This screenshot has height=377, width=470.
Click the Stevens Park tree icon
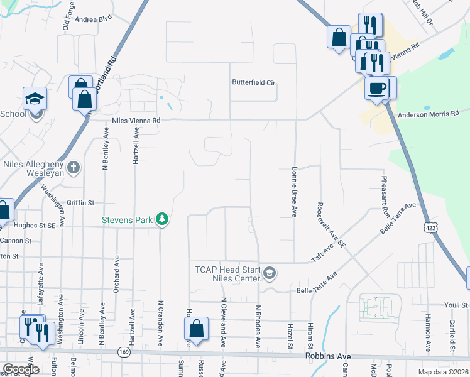pyautogui.click(x=163, y=218)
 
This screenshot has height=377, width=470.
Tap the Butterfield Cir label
pyautogui.click(x=254, y=82)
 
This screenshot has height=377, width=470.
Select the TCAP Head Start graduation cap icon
pyautogui.click(x=270, y=272)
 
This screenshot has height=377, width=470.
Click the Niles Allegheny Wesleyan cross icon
pyautogui.click(x=74, y=167)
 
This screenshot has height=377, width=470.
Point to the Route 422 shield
pyautogui.click(x=429, y=225)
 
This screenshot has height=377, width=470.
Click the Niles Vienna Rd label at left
pyautogui.click(x=136, y=121)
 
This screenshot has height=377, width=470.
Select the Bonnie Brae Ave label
pyautogui.click(x=294, y=192)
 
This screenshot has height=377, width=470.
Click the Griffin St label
pyautogui.click(x=81, y=203)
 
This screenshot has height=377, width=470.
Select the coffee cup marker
pyautogui.click(x=376, y=88)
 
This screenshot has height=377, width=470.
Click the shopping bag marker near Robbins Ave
pyautogui.click(x=197, y=329)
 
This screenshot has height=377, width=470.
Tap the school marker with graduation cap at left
pyautogui.click(x=35, y=98)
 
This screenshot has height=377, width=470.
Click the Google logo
pyautogui.click(x=21, y=369)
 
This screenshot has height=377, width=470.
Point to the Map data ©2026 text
pyautogui.click(x=443, y=372)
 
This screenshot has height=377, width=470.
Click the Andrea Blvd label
pyautogui.click(x=93, y=19)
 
